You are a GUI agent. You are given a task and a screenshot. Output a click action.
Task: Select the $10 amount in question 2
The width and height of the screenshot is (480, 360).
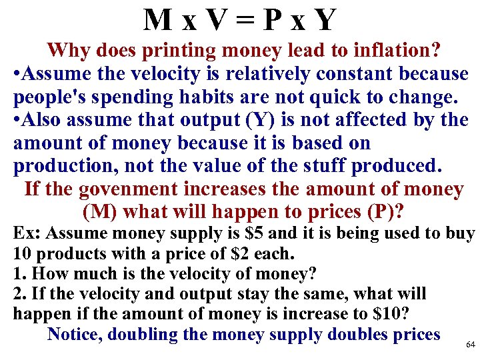pos(374,314)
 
